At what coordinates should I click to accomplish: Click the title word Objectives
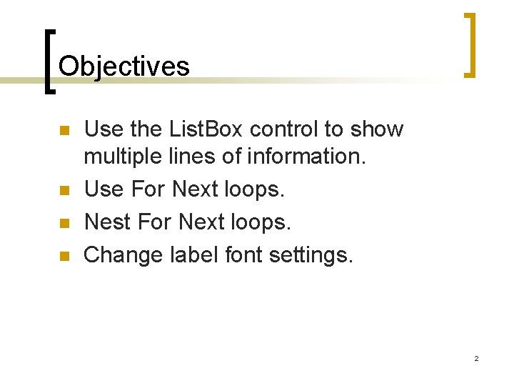(x=124, y=66)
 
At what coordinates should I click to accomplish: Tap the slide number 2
(x=476, y=358)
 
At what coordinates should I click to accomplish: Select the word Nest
(x=108, y=222)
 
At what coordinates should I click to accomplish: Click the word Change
(x=126, y=254)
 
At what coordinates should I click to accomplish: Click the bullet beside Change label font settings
(x=64, y=255)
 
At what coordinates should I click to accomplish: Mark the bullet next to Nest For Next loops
(x=64, y=223)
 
